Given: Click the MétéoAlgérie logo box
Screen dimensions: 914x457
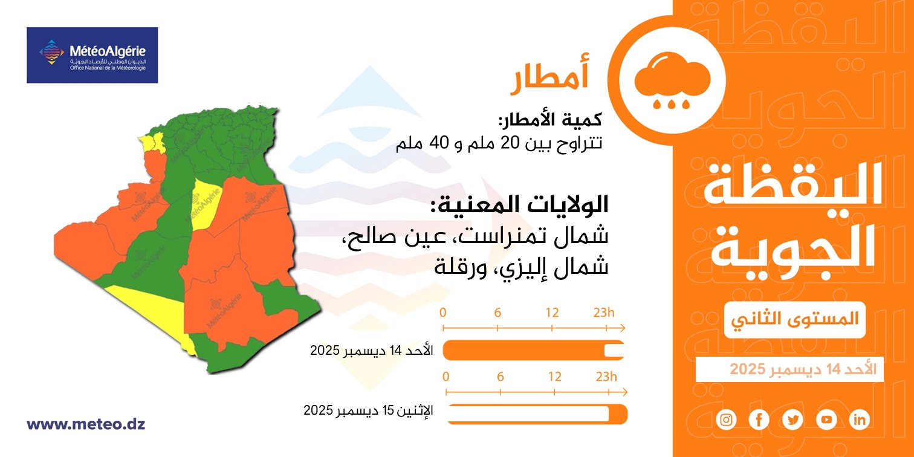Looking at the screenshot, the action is tap(92, 55).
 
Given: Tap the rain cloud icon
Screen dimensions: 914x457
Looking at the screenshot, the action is tap(672, 80).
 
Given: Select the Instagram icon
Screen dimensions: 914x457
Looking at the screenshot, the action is tap(727, 420).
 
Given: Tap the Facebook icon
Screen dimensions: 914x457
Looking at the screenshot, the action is tap(759, 420).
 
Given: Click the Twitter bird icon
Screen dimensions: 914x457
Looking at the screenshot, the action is tap(793, 420).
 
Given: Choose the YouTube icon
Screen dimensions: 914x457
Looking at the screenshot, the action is tap(826, 420).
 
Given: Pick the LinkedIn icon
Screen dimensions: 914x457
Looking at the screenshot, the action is tap(860, 420).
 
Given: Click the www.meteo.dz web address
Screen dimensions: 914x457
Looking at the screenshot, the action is tap(86, 424).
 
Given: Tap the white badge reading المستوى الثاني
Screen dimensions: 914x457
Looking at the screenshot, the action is tap(795, 320).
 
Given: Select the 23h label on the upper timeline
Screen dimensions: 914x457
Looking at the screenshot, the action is tap(604, 313).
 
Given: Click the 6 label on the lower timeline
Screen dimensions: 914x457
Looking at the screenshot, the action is tap(501, 377).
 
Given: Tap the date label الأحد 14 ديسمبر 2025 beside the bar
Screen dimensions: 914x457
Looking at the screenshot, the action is tap(371, 351).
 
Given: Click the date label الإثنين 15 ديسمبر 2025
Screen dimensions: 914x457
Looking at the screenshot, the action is tap(368, 410).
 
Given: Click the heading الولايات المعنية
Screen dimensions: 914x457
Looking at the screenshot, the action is tap(519, 204).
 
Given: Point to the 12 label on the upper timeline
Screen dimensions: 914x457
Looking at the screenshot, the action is tap(552, 313).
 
